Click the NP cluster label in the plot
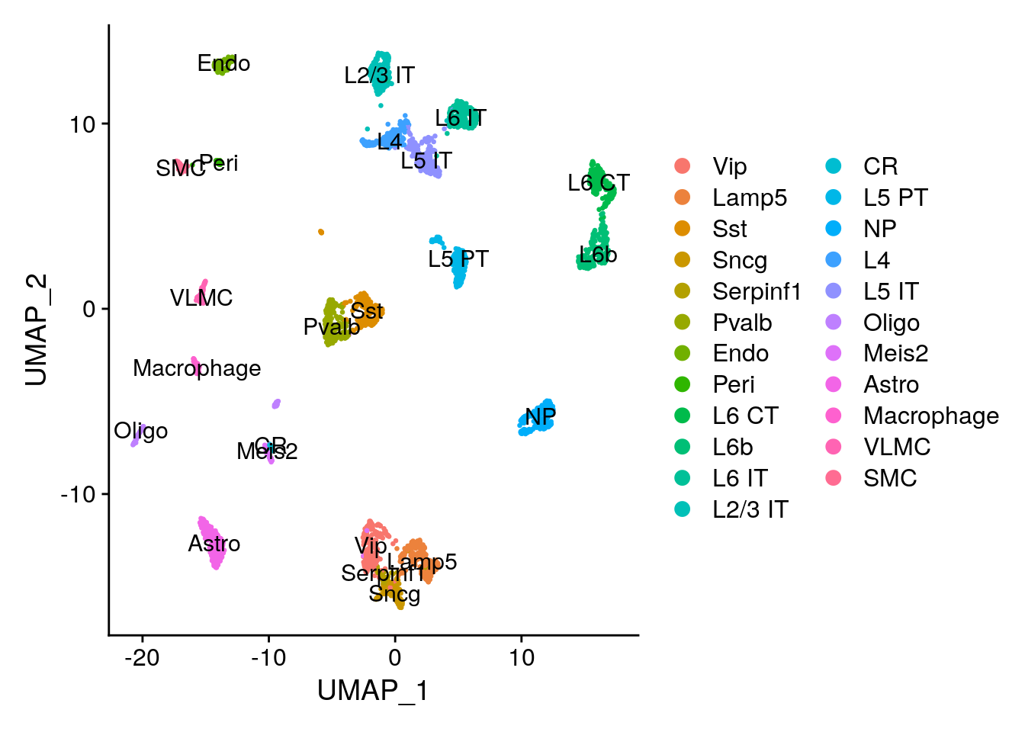click(x=540, y=417)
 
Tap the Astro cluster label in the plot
click(x=214, y=544)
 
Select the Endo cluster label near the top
click(x=223, y=63)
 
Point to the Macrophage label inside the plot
click(x=197, y=368)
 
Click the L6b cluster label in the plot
click(x=598, y=255)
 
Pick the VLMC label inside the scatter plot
click(x=201, y=298)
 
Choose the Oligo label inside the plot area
click(x=141, y=431)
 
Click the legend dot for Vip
click(x=683, y=166)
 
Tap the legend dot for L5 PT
click(x=834, y=197)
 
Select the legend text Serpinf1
click(x=757, y=291)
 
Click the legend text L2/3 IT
click(x=750, y=509)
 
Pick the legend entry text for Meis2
click(x=895, y=353)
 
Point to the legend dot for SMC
click(x=834, y=478)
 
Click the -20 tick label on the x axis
click(x=142, y=657)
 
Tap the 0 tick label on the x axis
click(x=395, y=657)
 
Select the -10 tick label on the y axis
click(x=78, y=494)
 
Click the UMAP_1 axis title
click(x=373, y=691)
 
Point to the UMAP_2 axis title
click(x=37, y=330)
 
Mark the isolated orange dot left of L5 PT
click(x=321, y=232)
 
